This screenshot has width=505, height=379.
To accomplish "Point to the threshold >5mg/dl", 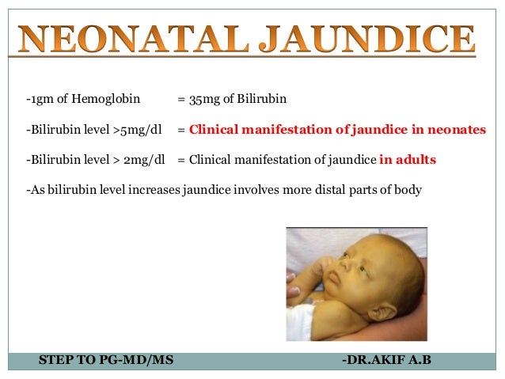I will [x=140, y=129].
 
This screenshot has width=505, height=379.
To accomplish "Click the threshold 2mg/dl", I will [x=145, y=159].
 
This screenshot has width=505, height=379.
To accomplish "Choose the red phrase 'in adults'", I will [x=408, y=159].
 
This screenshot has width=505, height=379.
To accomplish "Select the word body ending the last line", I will [x=408, y=189].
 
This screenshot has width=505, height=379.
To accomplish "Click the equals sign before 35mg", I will [x=181, y=100].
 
